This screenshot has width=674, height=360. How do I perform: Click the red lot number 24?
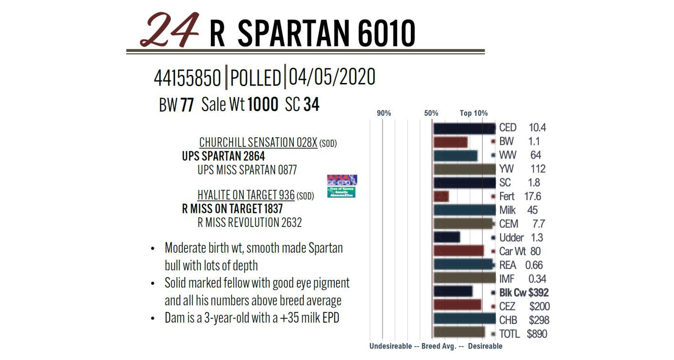[x=170, y=30]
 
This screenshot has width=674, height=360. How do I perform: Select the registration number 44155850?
[x=187, y=78]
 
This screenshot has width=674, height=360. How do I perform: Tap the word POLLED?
[x=255, y=78]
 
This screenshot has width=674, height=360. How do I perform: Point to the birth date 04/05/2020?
[x=332, y=77]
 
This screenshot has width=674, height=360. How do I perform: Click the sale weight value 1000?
[x=263, y=105]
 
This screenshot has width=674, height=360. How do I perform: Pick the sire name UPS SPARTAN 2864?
[x=223, y=156]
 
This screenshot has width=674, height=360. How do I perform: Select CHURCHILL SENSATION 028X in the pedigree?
[x=258, y=143]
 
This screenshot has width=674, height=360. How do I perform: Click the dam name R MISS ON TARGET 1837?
[x=232, y=209]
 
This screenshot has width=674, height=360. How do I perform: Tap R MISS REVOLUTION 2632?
[x=250, y=222]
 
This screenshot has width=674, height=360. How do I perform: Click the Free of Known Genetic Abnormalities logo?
[x=341, y=192]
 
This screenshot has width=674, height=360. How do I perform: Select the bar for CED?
[x=464, y=128]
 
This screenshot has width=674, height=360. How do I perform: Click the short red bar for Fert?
[x=441, y=196]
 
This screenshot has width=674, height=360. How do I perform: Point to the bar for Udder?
[x=446, y=237]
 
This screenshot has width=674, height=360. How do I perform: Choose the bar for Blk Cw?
[x=453, y=292]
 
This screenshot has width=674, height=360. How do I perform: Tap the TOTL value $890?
[x=537, y=334]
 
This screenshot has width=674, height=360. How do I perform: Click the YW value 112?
[x=538, y=169]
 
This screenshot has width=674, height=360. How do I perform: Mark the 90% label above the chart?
[x=384, y=113]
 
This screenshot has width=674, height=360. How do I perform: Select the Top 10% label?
[x=474, y=113]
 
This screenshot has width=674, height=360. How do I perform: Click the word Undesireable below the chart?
[x=390, y=346]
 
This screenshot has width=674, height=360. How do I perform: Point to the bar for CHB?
[x=464, y=319]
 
